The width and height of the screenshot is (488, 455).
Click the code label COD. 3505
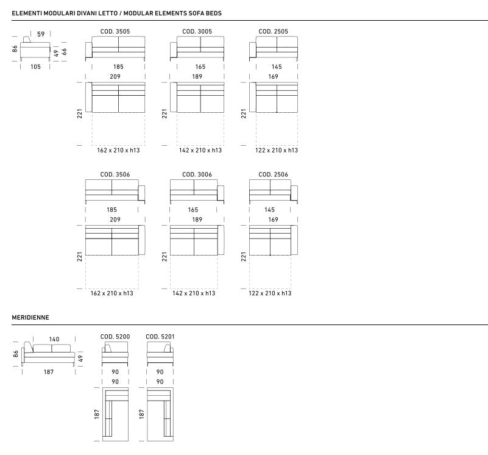tap(115, 32)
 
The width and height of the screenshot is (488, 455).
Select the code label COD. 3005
tap(197, 32)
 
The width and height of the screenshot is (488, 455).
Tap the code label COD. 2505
tap(274, 32)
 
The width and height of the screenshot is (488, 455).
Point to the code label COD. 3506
tap(115, 174)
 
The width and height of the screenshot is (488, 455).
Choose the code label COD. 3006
tap(197, 174)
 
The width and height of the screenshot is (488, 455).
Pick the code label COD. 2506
tap(274, 174)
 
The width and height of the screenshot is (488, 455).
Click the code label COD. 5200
tap(115, 337)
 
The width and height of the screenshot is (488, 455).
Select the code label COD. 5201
tap(160, 337)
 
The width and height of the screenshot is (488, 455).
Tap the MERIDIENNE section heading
tap(30, 318)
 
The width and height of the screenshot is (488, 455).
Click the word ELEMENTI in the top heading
tap(27, 13)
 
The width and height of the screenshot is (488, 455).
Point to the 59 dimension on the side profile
tap(41, 34)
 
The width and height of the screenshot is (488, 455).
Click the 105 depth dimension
tap(35, 66)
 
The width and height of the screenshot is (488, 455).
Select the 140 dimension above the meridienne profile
tap(54, 339)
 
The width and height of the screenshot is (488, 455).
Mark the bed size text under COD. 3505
tap(118, 150)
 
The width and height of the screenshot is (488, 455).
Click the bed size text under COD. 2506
tap(270, 293)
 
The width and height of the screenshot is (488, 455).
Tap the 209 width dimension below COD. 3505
tap(115, 77)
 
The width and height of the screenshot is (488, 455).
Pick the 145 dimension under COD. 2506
tap(269, 210)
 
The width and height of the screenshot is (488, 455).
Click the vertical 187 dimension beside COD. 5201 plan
tap(142, 414)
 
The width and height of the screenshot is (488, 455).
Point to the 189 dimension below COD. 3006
tap(197, 220)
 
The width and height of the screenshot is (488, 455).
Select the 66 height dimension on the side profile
tap(64, 52)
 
